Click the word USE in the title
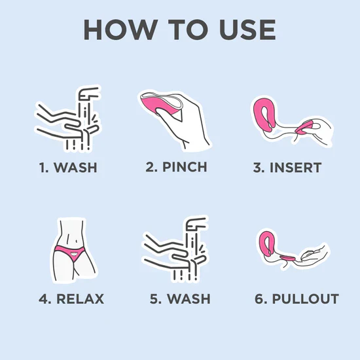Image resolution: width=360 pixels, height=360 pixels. (x=247, y=29)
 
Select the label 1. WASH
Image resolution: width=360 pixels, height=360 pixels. (x=68, y=168)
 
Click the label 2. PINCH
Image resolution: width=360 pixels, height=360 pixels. (x=176, y=167)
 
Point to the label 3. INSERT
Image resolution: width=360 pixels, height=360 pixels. (x=287, y=168)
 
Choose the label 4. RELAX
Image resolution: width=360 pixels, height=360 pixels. (x=71, y=298)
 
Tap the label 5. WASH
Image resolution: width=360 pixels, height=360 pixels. (x=180, y=298)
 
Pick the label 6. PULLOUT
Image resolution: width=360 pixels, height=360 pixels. (x=297, y=298)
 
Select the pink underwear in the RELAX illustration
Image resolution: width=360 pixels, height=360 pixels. (x=69, y=252)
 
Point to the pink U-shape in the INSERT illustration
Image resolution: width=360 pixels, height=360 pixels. (x=264, y=115)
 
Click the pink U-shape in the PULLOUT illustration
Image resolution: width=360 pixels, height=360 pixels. (x=267, y=244)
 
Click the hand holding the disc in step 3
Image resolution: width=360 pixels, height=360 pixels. (x=317, y=130)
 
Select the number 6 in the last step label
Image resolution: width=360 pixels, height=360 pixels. (x=259, y=298)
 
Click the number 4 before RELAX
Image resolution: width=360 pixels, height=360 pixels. (x=43, y=298)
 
